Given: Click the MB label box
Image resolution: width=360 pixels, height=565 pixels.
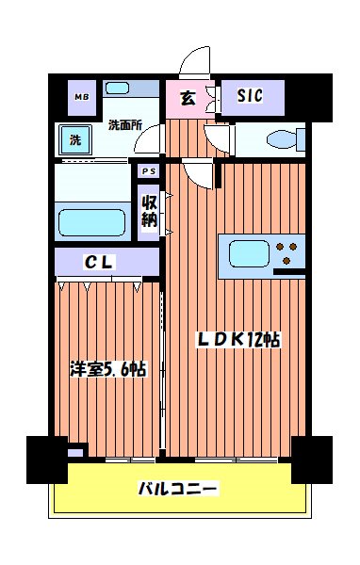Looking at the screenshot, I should coord(81,96).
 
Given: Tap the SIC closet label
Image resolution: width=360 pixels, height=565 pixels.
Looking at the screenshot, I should coord(249,95).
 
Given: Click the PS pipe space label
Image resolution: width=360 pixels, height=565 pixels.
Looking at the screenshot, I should coord(148,171).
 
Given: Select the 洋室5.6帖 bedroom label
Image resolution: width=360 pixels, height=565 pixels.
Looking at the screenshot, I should coord(107,369).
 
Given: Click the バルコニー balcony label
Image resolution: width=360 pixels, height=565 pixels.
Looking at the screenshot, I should coord(178,490).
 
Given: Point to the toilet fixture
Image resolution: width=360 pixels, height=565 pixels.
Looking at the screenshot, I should coord(284,141).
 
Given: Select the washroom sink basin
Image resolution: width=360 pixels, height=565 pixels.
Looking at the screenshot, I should coord(118,89).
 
